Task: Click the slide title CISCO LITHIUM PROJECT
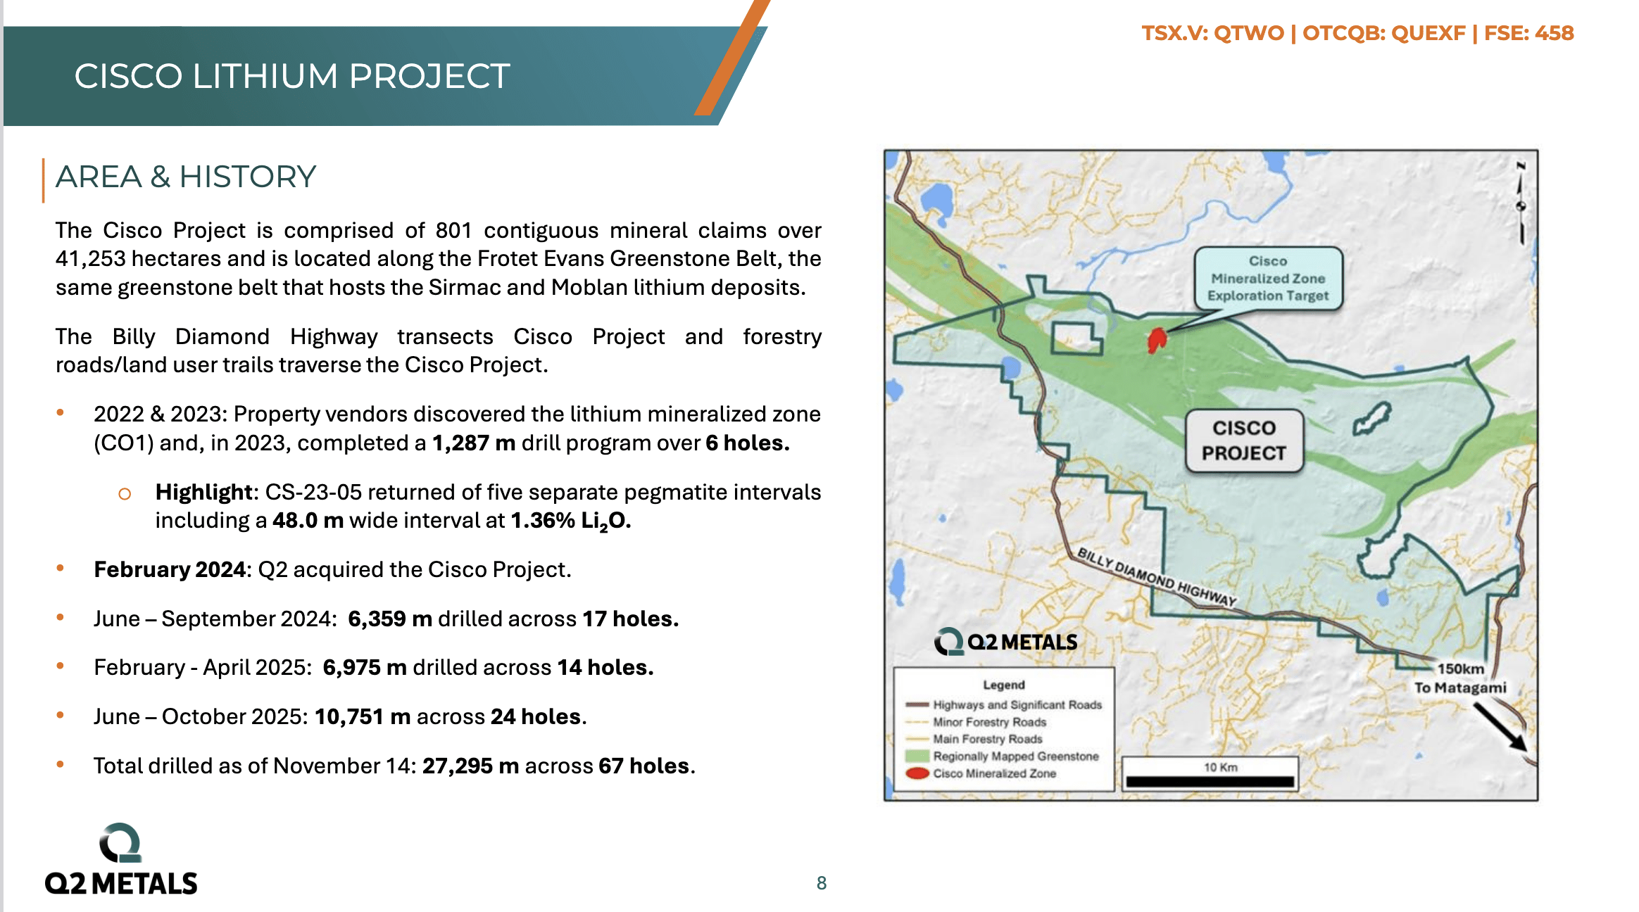[292, 76]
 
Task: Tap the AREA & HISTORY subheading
[186, 177]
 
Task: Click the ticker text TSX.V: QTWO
[1212, 33]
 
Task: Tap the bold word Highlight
[203, 491]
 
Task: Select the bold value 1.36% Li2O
[570, 520]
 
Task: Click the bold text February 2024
[170, 569]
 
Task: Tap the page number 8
[821, 882]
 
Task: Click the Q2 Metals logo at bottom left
[121, 860]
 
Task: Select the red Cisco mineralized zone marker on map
[1156, 341]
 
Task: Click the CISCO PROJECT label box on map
[1243, 441]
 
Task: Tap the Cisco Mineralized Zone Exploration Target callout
[1268, 279]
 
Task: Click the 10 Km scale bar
[1210, 780]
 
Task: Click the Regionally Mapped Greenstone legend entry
[1015, 756]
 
